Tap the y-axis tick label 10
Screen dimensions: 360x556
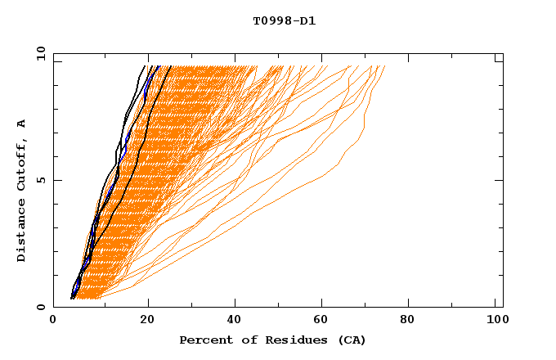[x=40, y=53]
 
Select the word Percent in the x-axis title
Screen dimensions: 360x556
[x=202, y=340]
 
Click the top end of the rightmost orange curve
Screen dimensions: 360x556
[x=384, y=66]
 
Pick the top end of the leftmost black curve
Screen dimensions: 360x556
[x=145, y=66]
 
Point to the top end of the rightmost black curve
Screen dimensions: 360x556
[x=171, y=66]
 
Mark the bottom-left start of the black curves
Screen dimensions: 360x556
[x=72, y=298]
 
